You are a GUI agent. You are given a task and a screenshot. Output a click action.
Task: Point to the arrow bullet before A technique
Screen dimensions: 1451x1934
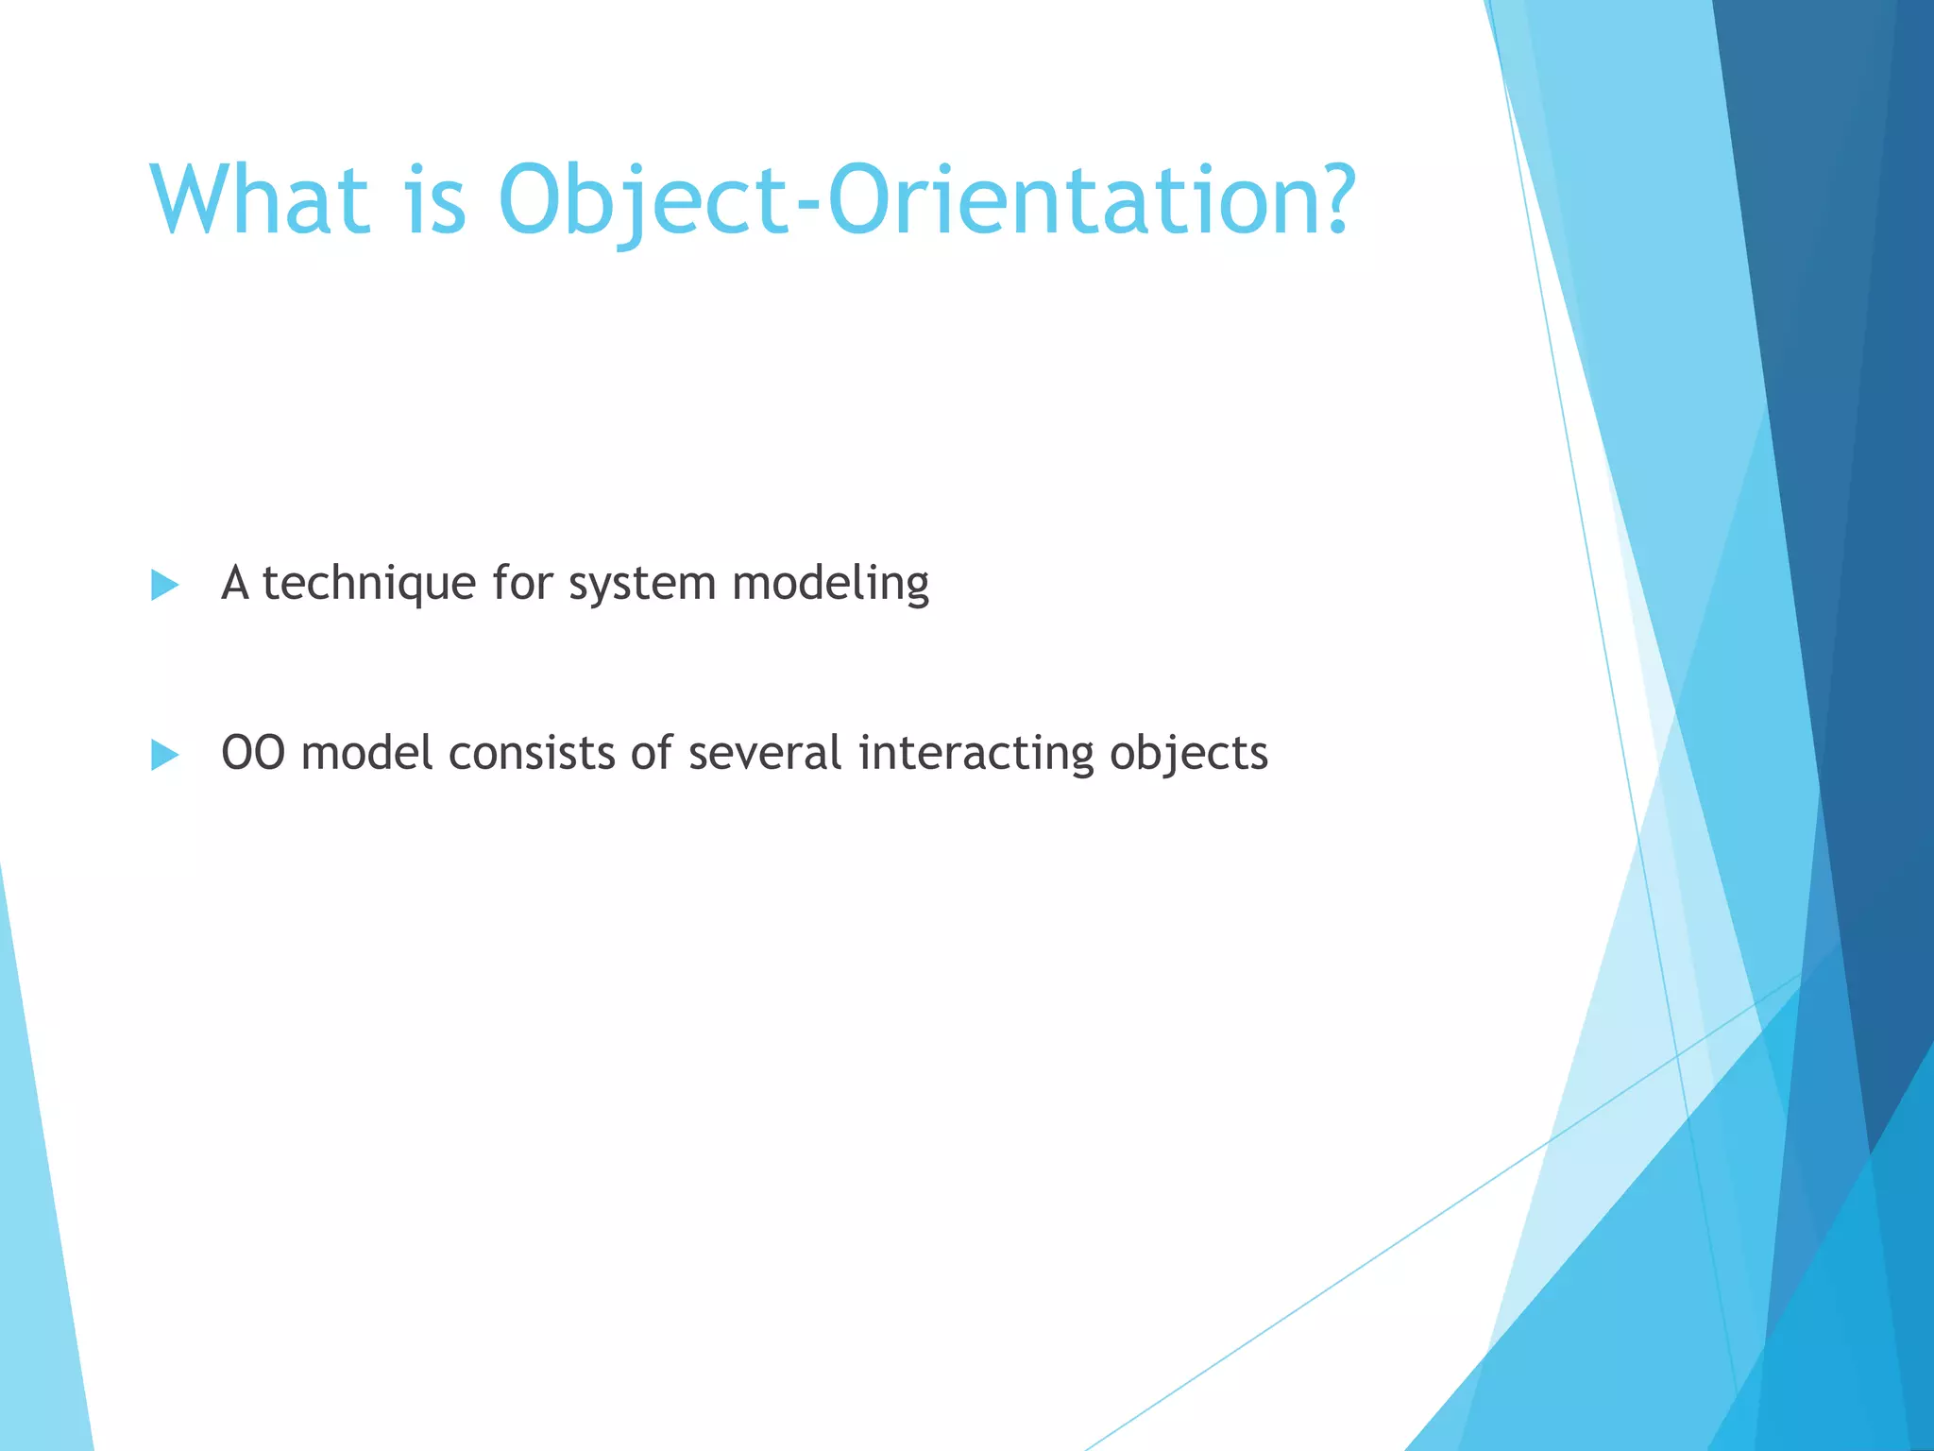164,585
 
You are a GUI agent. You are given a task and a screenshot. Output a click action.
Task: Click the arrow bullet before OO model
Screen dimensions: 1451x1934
164,755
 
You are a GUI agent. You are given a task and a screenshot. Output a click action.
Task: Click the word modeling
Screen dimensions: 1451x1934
830,584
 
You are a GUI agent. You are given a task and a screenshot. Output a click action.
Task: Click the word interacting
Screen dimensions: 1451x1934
975,754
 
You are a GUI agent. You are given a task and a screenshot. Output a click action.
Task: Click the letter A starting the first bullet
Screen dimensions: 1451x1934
235,584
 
